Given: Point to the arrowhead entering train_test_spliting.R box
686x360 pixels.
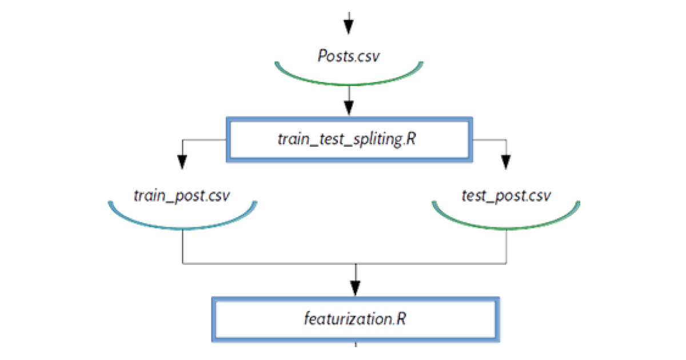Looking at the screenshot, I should tap(348, 107).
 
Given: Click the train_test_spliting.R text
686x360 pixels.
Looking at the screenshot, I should tap(348, 139).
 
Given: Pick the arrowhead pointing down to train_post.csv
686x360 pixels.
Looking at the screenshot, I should tap(182, 163).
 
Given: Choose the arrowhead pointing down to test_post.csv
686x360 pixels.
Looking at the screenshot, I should tap(505, 163).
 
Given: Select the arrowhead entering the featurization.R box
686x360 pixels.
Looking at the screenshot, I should tap(356, 286).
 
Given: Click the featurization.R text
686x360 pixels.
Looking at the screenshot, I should tap(355, 318).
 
